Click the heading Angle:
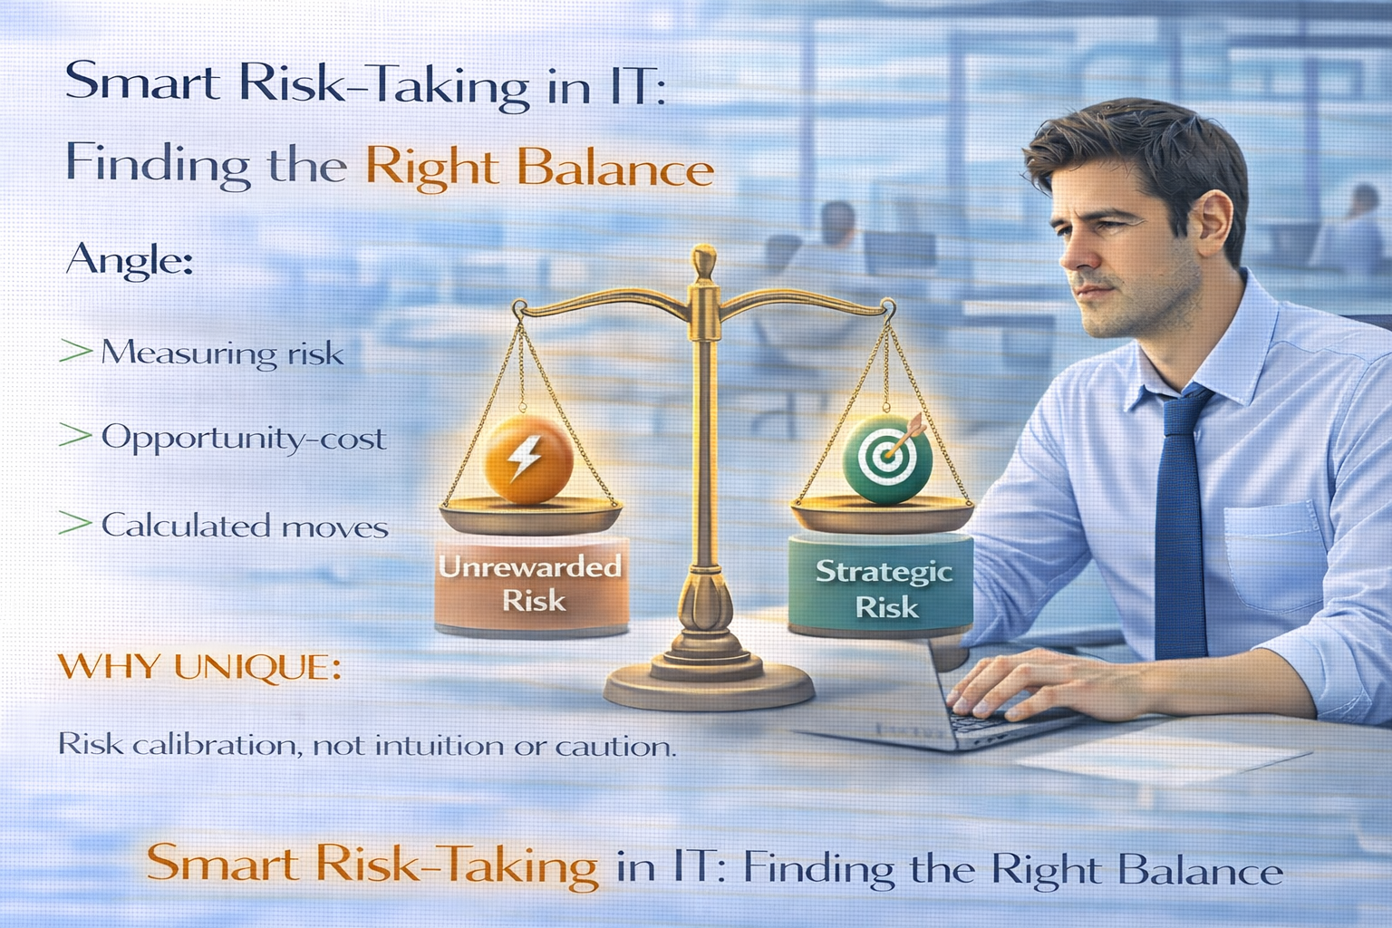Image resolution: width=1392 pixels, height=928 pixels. click(x=129, y=260)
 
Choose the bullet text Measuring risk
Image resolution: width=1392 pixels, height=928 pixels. click(x=222, y=353)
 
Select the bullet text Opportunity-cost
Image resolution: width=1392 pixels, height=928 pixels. click(x=243, y=438)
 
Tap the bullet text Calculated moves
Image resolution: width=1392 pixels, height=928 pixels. click(x=245, y=526)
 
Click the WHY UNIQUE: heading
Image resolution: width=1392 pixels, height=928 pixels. click(x=199, y=668)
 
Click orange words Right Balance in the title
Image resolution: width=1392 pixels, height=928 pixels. click(x=539, y=169)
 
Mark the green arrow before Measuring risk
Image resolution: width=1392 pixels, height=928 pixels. click(x=75, y=352)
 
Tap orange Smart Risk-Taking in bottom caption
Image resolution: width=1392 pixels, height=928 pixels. click(x=372, y=864)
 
